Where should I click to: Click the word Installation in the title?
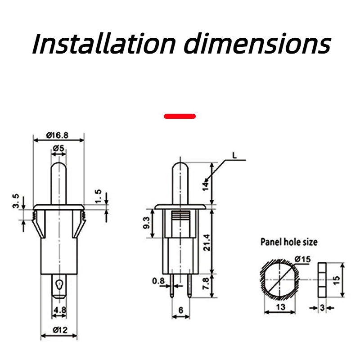(x=104, y=44)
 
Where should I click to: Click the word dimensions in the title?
(x=257, y=44)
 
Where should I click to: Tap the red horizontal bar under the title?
(x=180, y=117)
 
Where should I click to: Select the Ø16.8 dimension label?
(x=57, y=135)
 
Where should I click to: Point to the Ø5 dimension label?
(x=58, y=148)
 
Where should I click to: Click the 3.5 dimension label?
(x=16, y=201)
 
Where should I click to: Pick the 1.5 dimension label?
(x=98, y=196)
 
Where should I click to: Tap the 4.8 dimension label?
(x=60, y=310)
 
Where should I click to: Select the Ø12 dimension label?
(x=60, y=330)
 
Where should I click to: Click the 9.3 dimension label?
(x=146, y=223)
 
